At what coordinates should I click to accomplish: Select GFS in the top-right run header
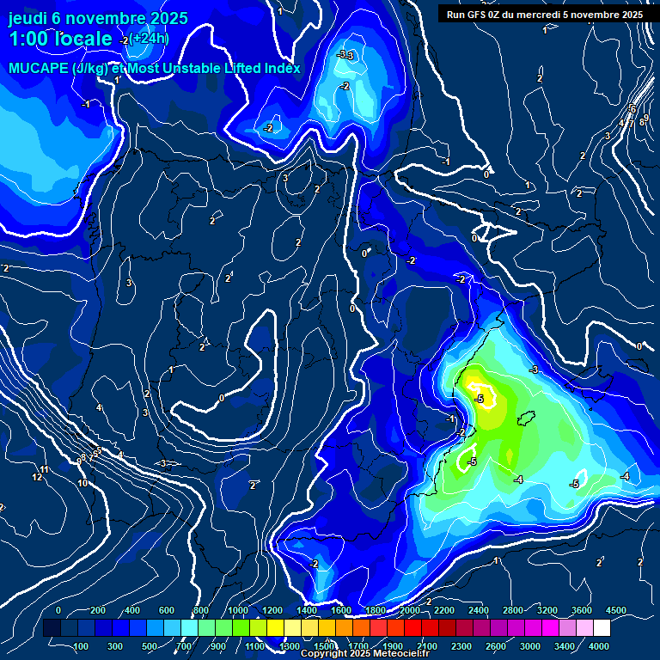pos(476,14)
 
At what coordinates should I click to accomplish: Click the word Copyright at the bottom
pos(327,654)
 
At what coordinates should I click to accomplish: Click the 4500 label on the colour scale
pos(616,610)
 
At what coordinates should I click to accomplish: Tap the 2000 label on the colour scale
pos(410,610)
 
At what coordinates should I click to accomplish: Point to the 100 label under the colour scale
pos(81,646)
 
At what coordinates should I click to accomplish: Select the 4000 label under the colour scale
pos(599,646)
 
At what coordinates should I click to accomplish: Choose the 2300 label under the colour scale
pos(461,646)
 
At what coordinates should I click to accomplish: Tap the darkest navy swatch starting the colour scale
pos(52,628)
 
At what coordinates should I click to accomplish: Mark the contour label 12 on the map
pos(38,477)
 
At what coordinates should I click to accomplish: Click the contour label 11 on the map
pos(44,469)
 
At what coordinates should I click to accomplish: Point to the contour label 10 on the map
pos(82,483)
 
